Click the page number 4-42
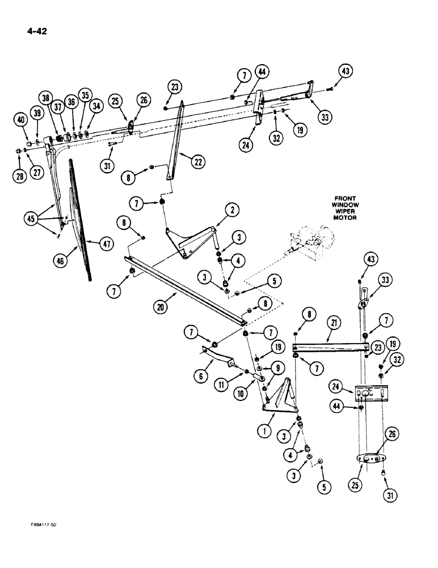coord(35,31)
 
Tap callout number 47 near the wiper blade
coord(105,243)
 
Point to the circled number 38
coord(45,97)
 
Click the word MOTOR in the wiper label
coord(346,218)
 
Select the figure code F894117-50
coord(36,525)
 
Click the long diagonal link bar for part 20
coord(187,290)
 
